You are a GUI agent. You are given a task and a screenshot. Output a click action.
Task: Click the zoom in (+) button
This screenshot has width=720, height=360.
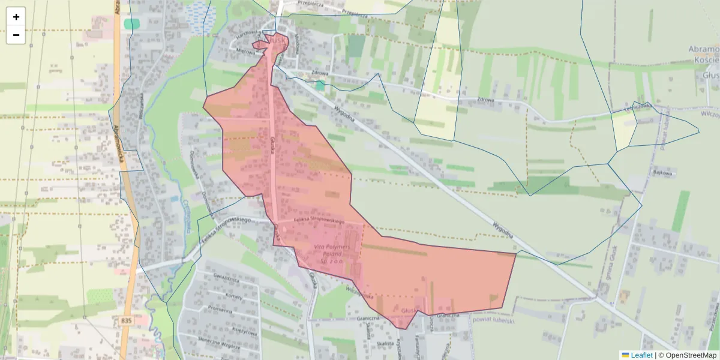pyautogui.click(x=16, y=17)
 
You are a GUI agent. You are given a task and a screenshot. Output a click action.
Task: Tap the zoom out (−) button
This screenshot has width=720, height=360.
pyautogui.click(x=16, y=35)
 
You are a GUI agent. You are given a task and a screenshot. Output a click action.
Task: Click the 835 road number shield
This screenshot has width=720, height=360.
pyautogui.click(x=125, y=321)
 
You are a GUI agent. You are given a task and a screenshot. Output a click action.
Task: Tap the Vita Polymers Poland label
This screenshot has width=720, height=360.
pyautogui.click(x=328, y=254)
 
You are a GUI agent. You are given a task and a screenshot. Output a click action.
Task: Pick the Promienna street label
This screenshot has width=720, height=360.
pyautogui.click(x=220, y=310)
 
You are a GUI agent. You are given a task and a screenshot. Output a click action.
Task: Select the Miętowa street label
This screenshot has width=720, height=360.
pyautogui.click(x=247, y=52)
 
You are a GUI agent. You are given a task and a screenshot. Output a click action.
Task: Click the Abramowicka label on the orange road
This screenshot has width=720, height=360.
pyautogui.click(x=118, y=142)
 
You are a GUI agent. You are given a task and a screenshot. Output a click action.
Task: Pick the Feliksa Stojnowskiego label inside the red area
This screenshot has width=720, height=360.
pyautogui.click(x=319, y=221)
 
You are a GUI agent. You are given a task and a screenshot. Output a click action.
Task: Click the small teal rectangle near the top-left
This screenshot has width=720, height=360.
pyautogui.click(x=131, y=24)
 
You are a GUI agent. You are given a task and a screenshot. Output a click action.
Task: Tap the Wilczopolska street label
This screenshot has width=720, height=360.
pyautogui.click(x=360, y=293)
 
